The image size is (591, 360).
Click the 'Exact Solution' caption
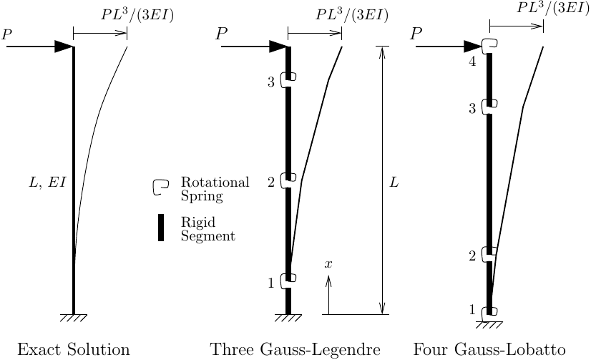(74, 349)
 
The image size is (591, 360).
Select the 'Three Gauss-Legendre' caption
(295, 349)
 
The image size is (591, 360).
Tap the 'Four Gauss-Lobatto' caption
(489, 349)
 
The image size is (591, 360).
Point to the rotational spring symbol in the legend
(160, 187)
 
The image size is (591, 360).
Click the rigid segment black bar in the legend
(161, 228)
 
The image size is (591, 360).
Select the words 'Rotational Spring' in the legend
(215, 189)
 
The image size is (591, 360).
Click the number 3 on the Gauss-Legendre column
(271, 82)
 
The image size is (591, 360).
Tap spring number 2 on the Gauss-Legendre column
(288, 180)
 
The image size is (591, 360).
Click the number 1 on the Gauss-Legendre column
(271, 283)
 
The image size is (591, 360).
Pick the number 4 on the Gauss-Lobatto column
(472, 62)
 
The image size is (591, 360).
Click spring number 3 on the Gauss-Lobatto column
(490, 106)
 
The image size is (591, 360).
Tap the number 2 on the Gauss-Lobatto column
(472, 256)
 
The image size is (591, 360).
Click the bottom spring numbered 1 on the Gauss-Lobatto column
(490, 313)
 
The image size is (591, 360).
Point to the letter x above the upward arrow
(328, 264)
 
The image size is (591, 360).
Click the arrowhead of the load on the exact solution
(64, 47)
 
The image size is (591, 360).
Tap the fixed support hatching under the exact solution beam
(74, 318)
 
